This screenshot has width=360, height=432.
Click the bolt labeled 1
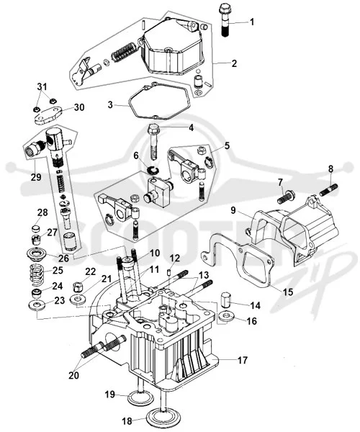pos(224,20)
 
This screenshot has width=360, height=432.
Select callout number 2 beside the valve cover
pos(234,63)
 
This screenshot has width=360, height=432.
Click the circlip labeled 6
pos(151,170)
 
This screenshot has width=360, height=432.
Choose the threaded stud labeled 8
pos(328,189)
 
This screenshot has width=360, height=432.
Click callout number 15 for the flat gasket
pos(289,292)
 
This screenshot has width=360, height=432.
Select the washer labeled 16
pos(226,317)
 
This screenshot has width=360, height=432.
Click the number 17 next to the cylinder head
pos(243,360)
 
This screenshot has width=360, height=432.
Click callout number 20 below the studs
pos(73,375)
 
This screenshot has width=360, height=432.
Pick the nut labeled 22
pos(78,287)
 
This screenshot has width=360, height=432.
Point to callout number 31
pos(42,86)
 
